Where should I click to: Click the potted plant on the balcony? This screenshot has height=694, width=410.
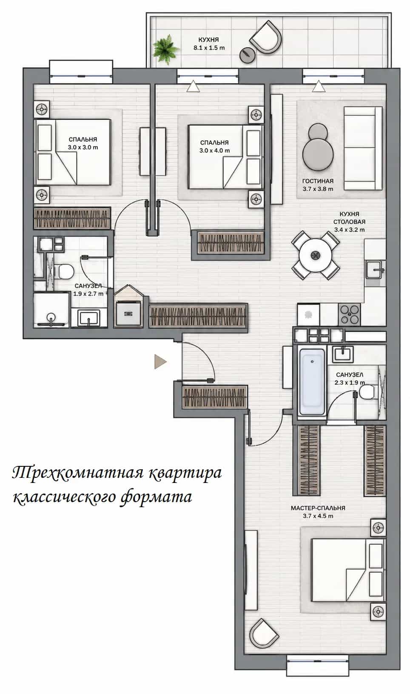pos(166,49)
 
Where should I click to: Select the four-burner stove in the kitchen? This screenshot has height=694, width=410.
pos(350,314)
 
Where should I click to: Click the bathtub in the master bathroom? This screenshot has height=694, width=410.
pos(312,382)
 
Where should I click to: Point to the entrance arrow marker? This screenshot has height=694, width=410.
pos(160,362)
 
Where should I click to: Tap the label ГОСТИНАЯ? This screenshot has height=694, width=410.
pos(318,181)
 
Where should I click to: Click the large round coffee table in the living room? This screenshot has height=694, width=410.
pos(318,154)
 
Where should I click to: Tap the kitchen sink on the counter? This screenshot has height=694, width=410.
pos(375,268)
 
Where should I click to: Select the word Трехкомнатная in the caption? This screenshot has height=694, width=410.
pos(77,474)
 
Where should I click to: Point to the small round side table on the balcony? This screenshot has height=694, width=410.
pos(248,55)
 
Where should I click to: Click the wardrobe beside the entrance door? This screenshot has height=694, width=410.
pos(215,397)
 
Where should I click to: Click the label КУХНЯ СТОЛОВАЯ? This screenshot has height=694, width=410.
pos(349,218)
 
